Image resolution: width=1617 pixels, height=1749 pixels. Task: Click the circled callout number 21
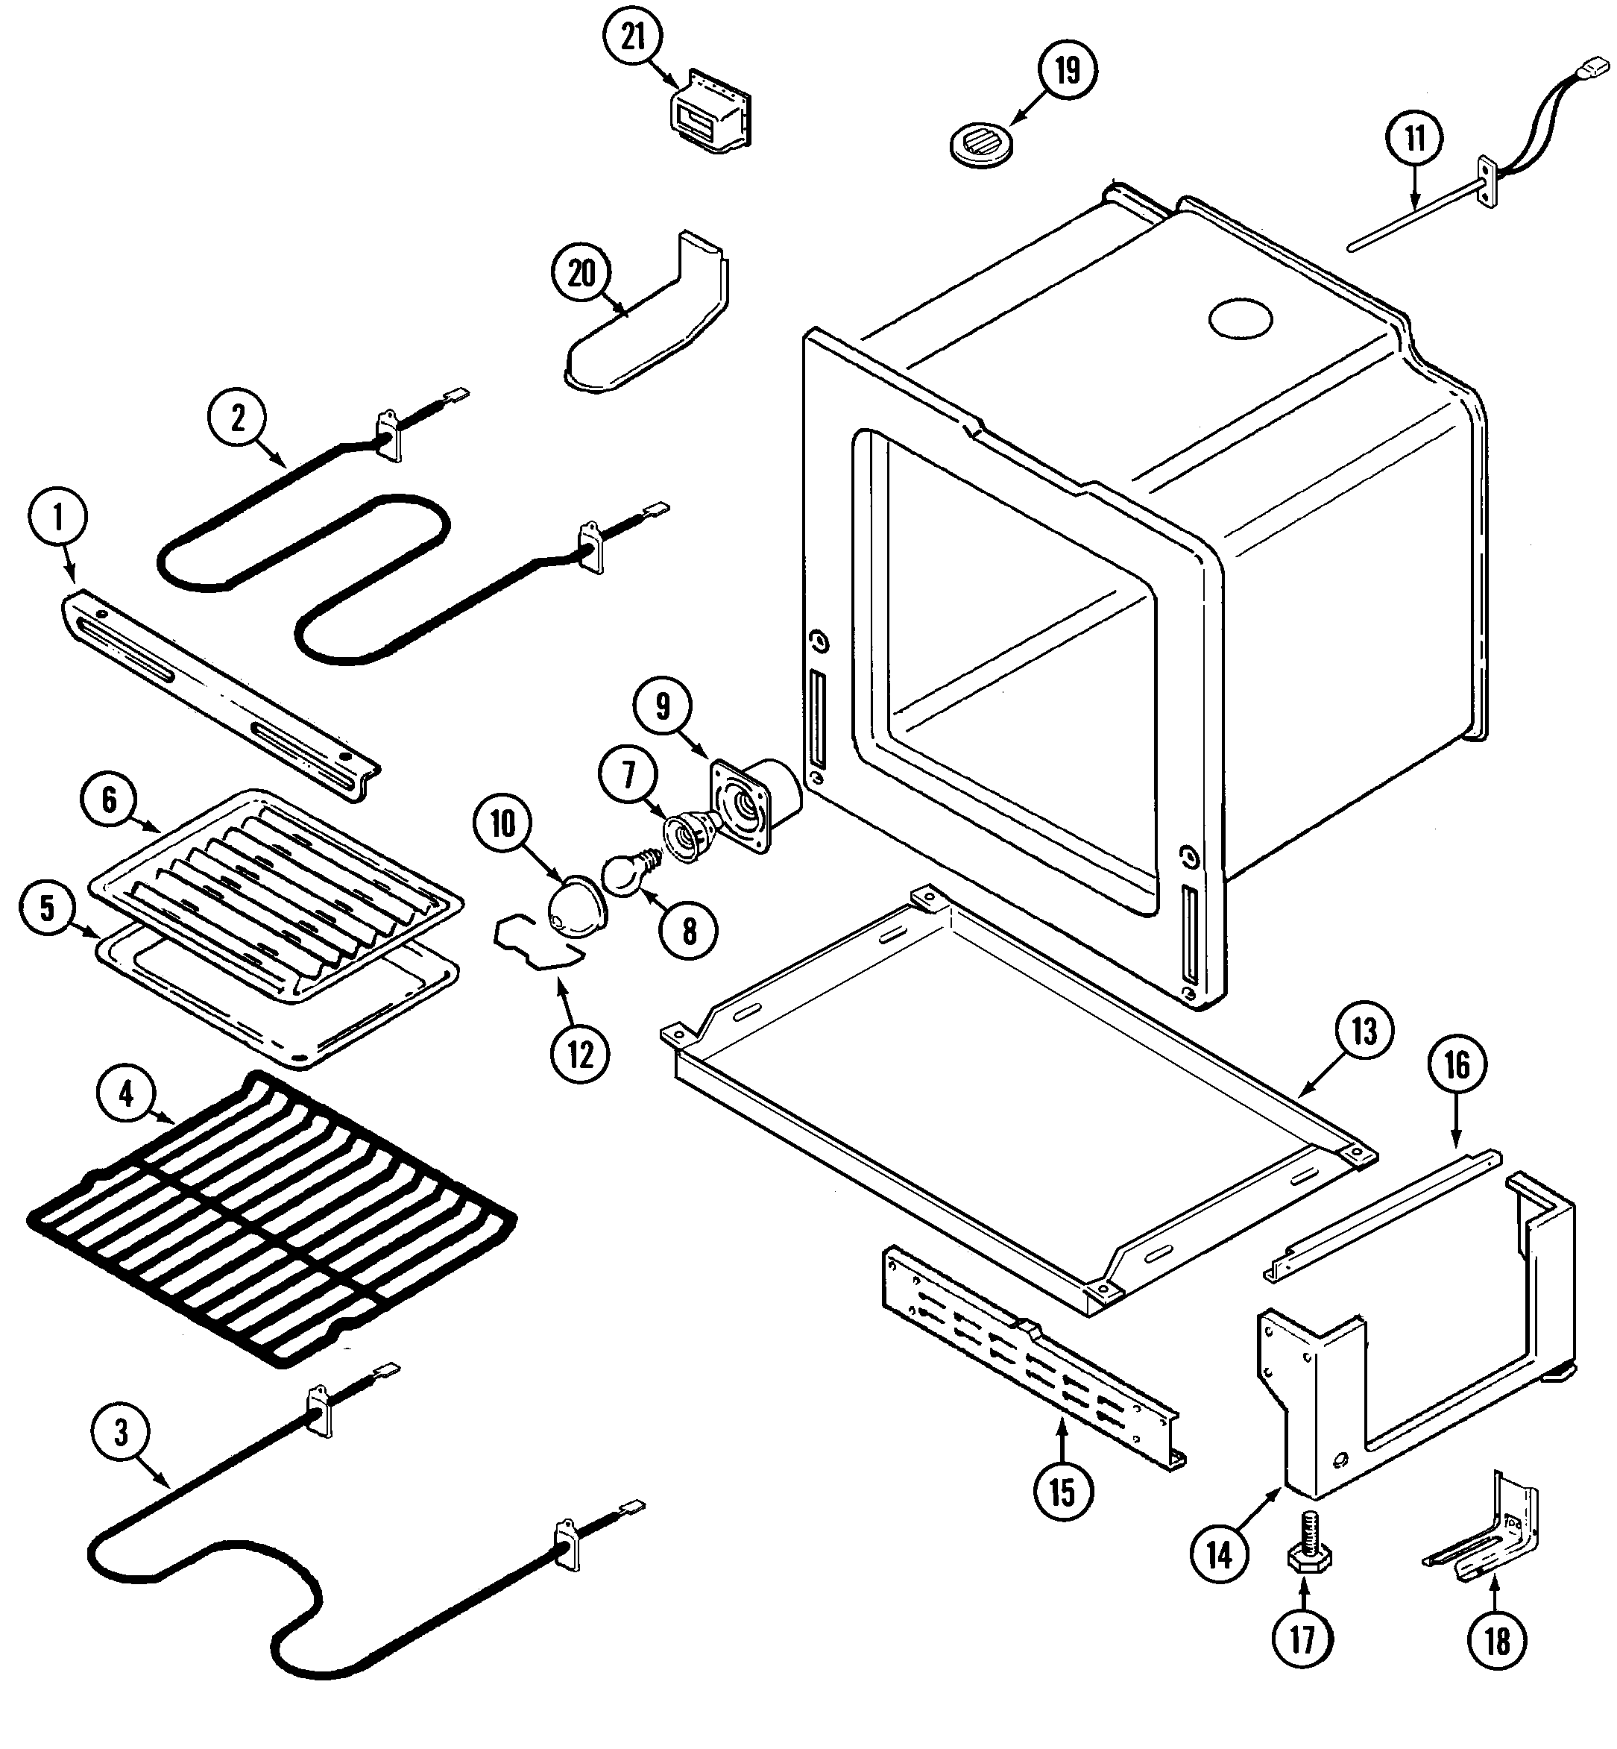[634, 37]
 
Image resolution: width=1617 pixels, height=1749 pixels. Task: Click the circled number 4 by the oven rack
[127, 1093]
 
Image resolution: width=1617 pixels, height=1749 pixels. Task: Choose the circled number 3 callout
[122, 1432]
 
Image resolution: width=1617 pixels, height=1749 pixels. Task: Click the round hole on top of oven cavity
[1240, 321]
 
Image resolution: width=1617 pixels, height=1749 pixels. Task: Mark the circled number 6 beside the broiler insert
[110, 800]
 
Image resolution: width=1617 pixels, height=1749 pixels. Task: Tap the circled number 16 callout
[1457, 1065]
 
